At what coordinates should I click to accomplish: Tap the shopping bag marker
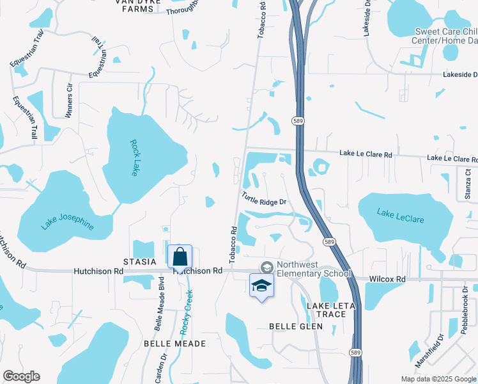click(x=180, y=257)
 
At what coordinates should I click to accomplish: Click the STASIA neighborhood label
click(x=140, y=262)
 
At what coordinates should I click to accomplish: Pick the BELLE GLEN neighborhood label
click(x=291, y=326)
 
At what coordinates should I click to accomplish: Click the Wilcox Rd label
click(x=388, y=279)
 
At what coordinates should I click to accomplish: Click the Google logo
click(x=21, y=376)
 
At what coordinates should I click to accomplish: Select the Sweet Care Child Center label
click(x=445, y=36)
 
